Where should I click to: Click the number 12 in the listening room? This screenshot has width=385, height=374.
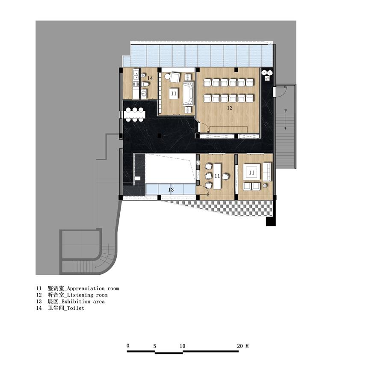click(230, 107)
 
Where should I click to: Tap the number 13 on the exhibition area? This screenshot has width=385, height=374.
click(171, 190)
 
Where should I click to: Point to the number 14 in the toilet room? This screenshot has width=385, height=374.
click(150, 78)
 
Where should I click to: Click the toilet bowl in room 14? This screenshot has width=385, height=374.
click(145, 84)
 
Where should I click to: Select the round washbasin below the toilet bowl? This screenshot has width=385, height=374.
click(144, 93)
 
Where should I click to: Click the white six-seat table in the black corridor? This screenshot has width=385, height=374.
click(134, 114)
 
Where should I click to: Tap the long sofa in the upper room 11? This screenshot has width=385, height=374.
click(188, 94)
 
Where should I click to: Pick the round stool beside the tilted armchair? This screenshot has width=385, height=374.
click(167, 76)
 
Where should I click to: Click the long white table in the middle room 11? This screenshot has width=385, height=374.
click(217, 176)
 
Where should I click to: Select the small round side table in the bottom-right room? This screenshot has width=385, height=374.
click(265, 186)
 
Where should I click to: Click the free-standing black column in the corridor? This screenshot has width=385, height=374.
click(160, 135)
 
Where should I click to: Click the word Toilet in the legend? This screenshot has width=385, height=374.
click(76, 308)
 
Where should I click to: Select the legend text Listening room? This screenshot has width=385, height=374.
click(87, 295)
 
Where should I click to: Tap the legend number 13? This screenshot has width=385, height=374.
click(39, 302)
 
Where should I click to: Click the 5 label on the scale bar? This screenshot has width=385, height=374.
click(155, 346)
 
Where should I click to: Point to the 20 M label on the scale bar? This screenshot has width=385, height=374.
click(243, 346)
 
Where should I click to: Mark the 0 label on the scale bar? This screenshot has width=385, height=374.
click(128, 346)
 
